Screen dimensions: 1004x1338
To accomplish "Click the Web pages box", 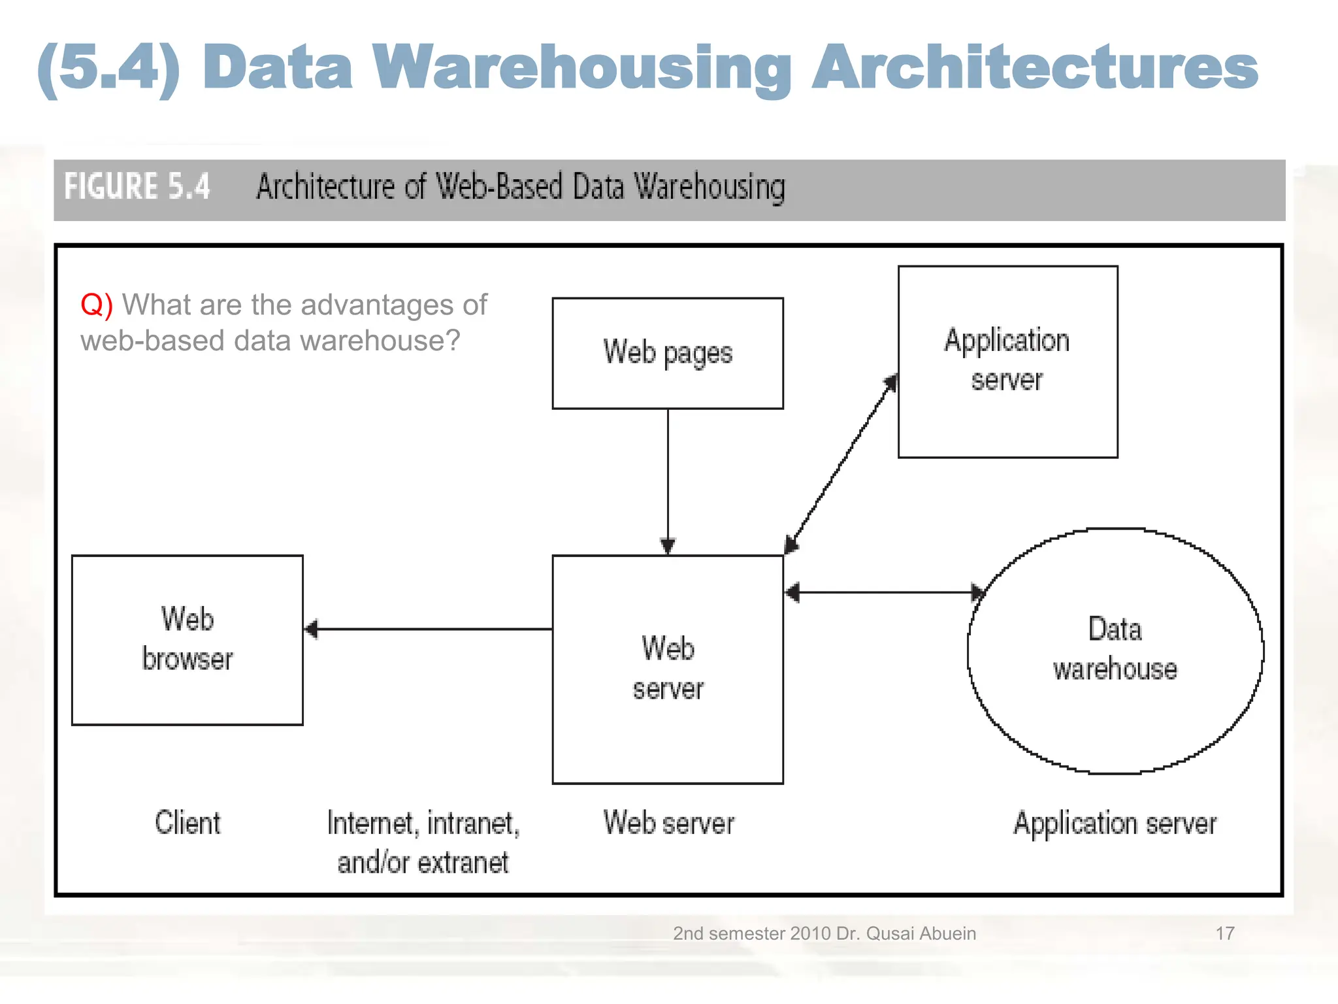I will [x=667, y=354].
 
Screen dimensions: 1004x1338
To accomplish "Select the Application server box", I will [x=1007, y=361].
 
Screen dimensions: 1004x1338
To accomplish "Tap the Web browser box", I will [x=187, y=639].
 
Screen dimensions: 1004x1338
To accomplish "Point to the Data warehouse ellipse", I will [x=1115, y=650].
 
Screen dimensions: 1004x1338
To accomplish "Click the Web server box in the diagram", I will [x=667, y=669].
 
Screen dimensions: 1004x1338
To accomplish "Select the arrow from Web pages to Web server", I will [x=667, y=480].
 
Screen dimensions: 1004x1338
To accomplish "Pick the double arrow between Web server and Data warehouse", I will [x=885, y=592].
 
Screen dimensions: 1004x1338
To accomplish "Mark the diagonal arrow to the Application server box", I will [x=841, y=464].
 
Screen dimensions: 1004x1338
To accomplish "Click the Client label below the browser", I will [x=188, y=822].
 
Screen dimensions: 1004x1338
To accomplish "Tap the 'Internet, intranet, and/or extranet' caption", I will [x=423, y=842].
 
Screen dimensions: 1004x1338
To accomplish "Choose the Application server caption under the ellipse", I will [x=1115, y=823].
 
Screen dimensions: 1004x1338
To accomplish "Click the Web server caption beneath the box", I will [x=668, y=823].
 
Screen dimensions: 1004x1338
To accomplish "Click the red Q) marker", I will [x=97, y=305].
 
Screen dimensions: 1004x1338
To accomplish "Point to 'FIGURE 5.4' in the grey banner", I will [x=137, y=187].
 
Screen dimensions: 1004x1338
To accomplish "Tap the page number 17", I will [x=1224, y=933].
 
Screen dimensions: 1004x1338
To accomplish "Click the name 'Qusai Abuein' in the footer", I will [x=921, y=933].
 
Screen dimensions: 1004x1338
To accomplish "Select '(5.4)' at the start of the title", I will [x=108, y=68].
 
